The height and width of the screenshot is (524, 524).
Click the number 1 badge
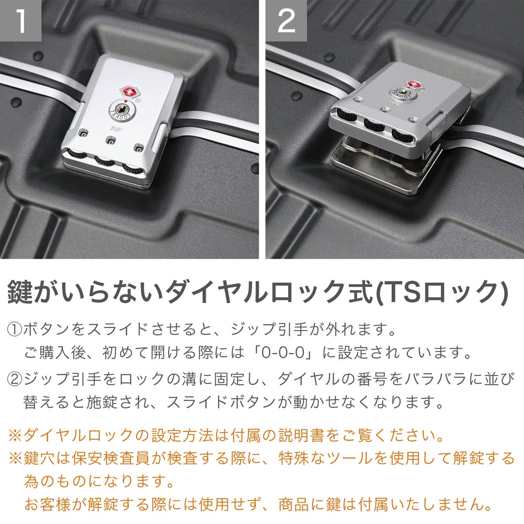[20, 20]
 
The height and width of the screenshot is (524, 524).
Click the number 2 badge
[286, 20]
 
